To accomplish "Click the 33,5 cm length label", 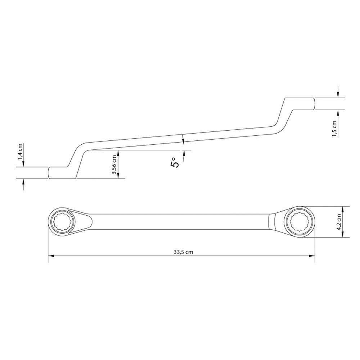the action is click(183, 252).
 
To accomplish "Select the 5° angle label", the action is click(175, 163).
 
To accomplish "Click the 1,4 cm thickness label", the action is click(20, 152).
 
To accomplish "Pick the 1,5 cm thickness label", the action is click(334, 129).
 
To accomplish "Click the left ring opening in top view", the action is click(61, 222).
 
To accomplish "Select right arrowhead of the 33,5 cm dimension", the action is click(312, 256).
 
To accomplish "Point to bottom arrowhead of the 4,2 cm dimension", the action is click(342, 234).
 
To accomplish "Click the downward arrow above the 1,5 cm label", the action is click(338, 92).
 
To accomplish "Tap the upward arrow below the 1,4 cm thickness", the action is click(23, 184).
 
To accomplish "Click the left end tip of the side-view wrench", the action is click(48, 173).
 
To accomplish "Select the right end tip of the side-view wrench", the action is click(315, 104).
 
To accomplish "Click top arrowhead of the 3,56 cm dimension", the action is click(118, 153).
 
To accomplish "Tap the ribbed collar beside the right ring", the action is click(272, 222).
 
